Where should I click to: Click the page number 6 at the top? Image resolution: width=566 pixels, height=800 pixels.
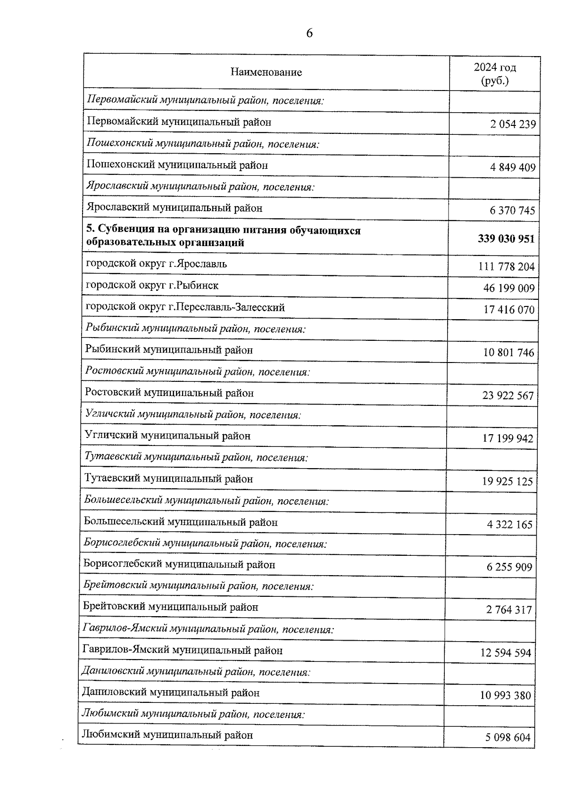(x=309, y=33)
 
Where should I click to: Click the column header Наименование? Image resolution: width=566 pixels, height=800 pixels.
(x=266, y=72)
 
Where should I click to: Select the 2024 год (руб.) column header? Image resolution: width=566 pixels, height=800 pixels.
(x=495, y=74)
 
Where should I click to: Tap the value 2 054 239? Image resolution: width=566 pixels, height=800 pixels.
(x=513, y=124)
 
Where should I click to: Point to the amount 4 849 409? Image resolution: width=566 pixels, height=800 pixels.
(x=513, y=167)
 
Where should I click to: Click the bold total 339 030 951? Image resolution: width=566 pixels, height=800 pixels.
(x=506, y=239)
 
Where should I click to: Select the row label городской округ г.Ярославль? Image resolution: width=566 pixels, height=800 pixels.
(x=156, y=264)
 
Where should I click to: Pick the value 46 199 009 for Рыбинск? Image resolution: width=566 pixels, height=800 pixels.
(x=509, y=288)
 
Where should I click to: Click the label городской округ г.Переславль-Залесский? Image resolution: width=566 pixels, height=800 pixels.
(x=185, y=307)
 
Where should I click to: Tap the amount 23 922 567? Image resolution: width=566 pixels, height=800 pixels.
(x=508, y=396)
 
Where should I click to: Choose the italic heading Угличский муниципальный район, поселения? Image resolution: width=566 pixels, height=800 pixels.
(x=193, y=415)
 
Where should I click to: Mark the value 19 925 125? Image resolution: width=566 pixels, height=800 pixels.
(x=507, y=481)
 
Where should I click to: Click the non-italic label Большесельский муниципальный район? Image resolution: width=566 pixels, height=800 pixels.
(x=181, y=522)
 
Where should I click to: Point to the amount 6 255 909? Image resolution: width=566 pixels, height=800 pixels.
(x=509, y=567)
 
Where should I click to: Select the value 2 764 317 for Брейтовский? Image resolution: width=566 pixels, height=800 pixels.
(x=509, y=610)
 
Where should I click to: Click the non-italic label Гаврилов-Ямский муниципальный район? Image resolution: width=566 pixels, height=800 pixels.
(x=182, y=651)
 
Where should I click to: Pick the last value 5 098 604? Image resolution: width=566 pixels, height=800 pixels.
(x=508, y=737)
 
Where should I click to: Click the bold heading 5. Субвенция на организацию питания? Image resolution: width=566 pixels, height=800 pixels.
(x=223, y=236)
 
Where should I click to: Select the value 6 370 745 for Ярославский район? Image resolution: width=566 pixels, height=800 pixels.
(x=512, y=210)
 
